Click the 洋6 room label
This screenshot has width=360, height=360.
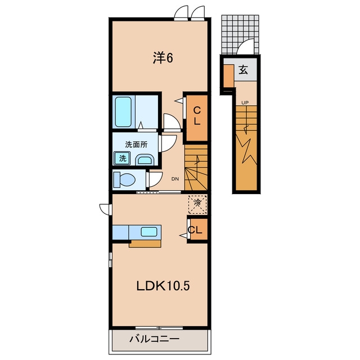163,58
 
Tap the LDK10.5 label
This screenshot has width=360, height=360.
163,286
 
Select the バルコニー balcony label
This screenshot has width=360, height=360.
154,339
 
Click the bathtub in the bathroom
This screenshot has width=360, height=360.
123,112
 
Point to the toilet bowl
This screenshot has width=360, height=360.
125,179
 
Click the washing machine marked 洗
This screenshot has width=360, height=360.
123,158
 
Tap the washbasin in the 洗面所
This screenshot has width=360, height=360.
145,160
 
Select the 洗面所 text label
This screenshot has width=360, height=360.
136,145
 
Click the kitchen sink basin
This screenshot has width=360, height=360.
149,232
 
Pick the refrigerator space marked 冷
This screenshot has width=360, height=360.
197,204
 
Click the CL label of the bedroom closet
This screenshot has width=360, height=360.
197,116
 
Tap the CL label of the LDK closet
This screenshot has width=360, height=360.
195,230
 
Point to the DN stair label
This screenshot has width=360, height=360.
175,179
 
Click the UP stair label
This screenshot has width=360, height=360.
245,103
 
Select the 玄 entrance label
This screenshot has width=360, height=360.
243,70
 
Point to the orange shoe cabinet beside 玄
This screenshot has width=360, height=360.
229,76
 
